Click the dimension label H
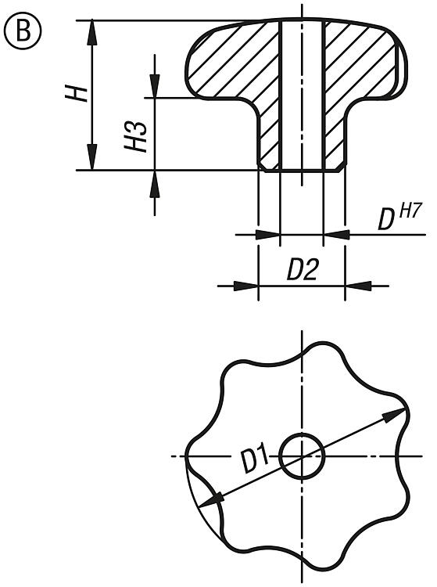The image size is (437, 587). pos(77,93)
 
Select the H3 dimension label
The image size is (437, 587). pos(135,136)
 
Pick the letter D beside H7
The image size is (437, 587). pos(386,221)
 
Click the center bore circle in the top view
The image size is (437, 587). pos(302,456)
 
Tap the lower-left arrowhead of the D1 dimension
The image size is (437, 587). pos(212,500)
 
